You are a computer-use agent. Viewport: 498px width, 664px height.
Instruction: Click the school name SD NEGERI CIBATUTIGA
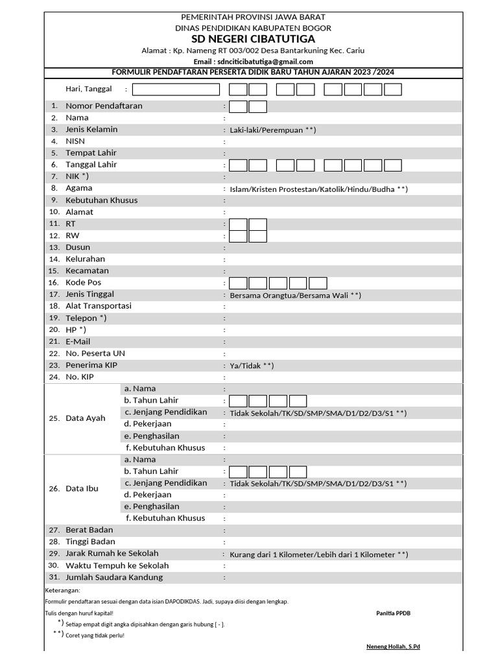[254, 39]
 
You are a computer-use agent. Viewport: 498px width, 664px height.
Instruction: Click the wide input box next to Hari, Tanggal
[176, 89]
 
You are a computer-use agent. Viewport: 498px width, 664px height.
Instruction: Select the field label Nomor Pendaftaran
[104, 106]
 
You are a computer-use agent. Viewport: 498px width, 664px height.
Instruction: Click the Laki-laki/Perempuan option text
[272, 130]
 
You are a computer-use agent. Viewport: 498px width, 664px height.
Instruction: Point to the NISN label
[75, 141]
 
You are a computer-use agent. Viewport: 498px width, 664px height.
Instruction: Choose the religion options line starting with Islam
[318, 189]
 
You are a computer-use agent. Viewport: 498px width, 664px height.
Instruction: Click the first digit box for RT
[239, 224]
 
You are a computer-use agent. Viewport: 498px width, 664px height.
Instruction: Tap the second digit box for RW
[258, 236]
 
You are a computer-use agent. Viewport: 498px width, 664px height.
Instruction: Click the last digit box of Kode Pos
[318, 283]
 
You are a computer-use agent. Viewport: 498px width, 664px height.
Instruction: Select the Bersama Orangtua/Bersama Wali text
[295, 295]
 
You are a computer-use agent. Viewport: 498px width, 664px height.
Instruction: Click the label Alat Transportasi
[99, 306]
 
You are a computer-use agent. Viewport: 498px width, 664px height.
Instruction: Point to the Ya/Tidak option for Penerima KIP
[252, 366]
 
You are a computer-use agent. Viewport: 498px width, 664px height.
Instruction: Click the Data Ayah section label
[85, 418]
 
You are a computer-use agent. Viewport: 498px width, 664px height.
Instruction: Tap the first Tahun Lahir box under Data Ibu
[239, 471]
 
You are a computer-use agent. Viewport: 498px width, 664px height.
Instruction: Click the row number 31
[54, 577]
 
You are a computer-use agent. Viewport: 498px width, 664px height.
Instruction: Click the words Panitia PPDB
[393, 613]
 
